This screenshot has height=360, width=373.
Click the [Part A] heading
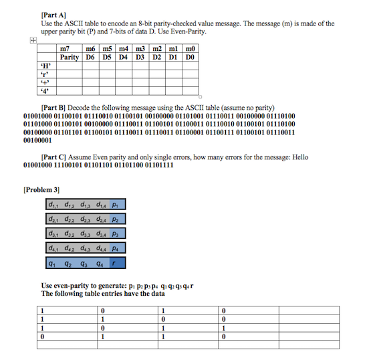[x=53, y=13]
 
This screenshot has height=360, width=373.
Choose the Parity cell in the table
[x=70, y=58]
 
